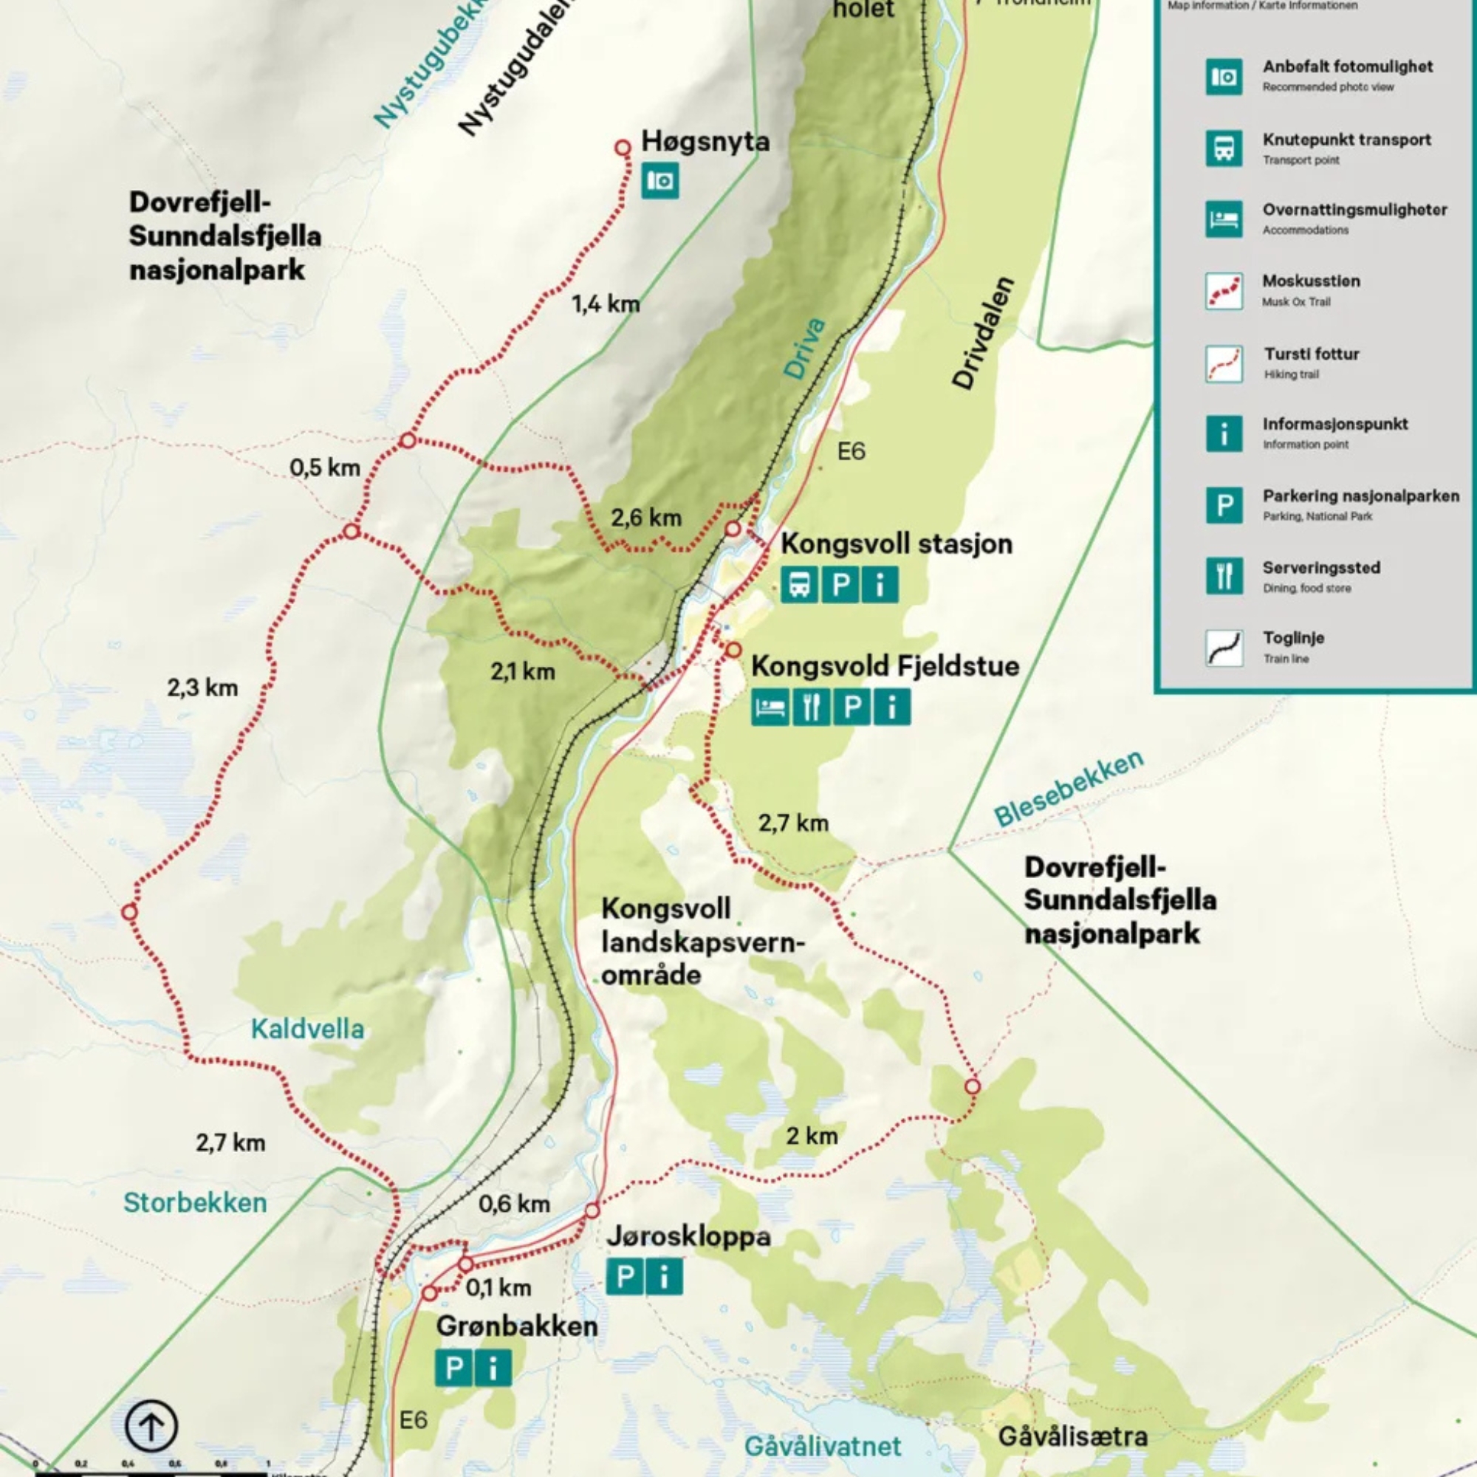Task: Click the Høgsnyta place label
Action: pyautogui.click(x=704, y=142)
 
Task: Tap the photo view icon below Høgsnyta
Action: pyautogui.click(x=659, y=180)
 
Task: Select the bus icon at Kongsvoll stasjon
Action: pyautogui.click(x=799, y=585)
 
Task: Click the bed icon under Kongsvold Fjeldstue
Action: pyautogui.click(x=770, y=707)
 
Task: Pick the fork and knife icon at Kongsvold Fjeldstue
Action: pyautogui.click(x=811, y=707)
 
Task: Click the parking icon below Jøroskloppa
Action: pyautogui.click(x=625, y=1277)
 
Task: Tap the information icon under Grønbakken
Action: pyautogui.click(x=493, y=1368)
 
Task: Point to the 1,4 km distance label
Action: pyautogui.click(x=606, y=304)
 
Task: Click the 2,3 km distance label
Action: pyautogui.click(x=202, y=688)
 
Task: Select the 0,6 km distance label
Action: pyautogui.click(x=514, y=1204)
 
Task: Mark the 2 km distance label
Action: pyautogui.click(x=812, y=1136)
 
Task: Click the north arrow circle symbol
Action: pyautogui.click(x=151, y=1426)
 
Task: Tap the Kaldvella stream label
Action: pyautogui.click(x=307, y=1029)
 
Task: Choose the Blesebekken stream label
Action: pyautogui.click(x=1068, y=788)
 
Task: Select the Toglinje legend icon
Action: pyautogui.click(x=1224, y=648)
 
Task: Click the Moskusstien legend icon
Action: pyautogui.click(x=1224, y=291)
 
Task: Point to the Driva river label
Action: pyautogui.click(x=805, y=349)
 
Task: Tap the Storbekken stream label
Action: pyautogui.click(x=195, y=1202)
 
